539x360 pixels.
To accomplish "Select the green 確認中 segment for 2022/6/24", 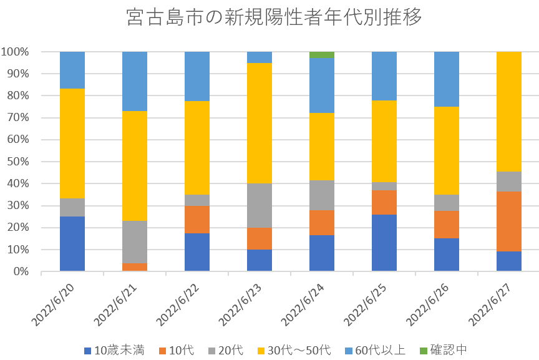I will [x=322, y=55].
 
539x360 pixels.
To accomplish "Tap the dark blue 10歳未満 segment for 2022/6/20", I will [x=72, y=244].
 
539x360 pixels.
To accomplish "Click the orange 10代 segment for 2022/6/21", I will [x=135, y=267].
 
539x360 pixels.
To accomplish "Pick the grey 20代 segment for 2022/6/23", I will [x=260, y=206].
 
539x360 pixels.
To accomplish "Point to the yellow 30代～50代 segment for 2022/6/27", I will [x=509, y=112].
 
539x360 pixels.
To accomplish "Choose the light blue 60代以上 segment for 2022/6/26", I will [x=447, y=79].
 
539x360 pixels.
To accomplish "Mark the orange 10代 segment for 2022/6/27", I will [x=509, y=221].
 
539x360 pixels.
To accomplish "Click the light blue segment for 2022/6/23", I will [x=260, y=57].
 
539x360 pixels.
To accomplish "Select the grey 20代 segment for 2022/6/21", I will [x=135, y=242].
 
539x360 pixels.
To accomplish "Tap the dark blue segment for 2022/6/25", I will [x=384, y=243].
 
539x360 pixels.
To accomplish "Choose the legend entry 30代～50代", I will [x=296, y=350].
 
